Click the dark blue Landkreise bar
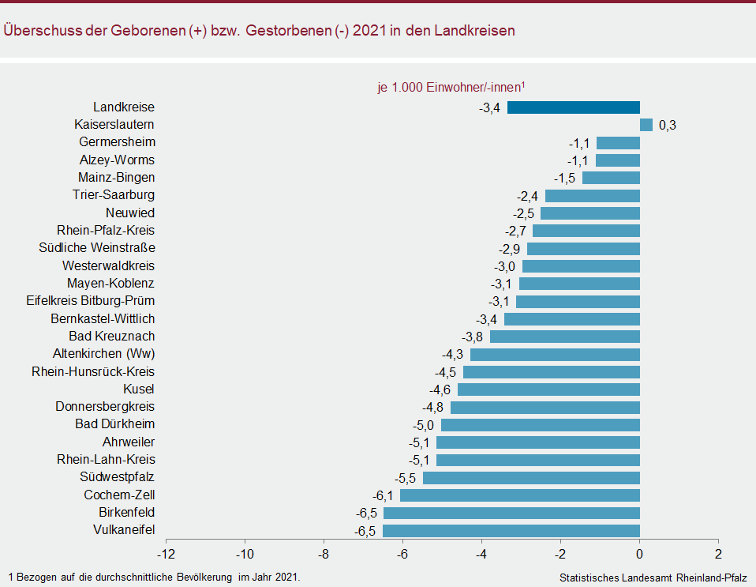coord(573,107)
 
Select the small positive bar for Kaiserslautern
coord(646,125)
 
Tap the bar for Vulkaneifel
coord(511,531)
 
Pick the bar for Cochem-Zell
coord(520,495)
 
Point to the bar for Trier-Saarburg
coord(593,195)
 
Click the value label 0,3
coord(668,126)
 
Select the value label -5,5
coord(406,478)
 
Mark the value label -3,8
coord(473,337)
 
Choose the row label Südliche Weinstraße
coord(96,248)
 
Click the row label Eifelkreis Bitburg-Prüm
coord(90,301)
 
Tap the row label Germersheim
coord(117,142)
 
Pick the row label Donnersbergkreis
coord(105,407)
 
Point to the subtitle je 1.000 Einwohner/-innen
coord(451,88)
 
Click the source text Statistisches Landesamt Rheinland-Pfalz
coord(653,578)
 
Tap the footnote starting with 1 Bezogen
coord(155,578)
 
